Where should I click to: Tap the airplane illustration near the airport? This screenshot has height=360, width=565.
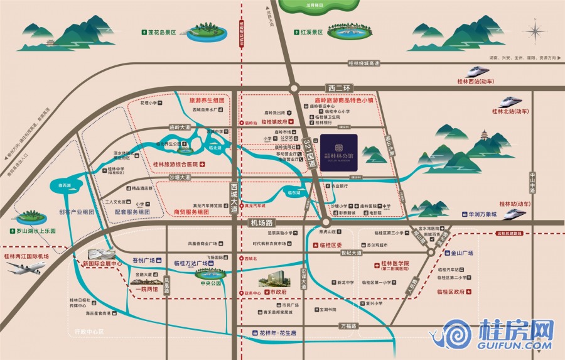(x=26, y=268)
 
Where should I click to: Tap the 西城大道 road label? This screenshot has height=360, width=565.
(x=234, y=195)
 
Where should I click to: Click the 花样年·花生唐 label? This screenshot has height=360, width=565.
(x=278, y=333)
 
